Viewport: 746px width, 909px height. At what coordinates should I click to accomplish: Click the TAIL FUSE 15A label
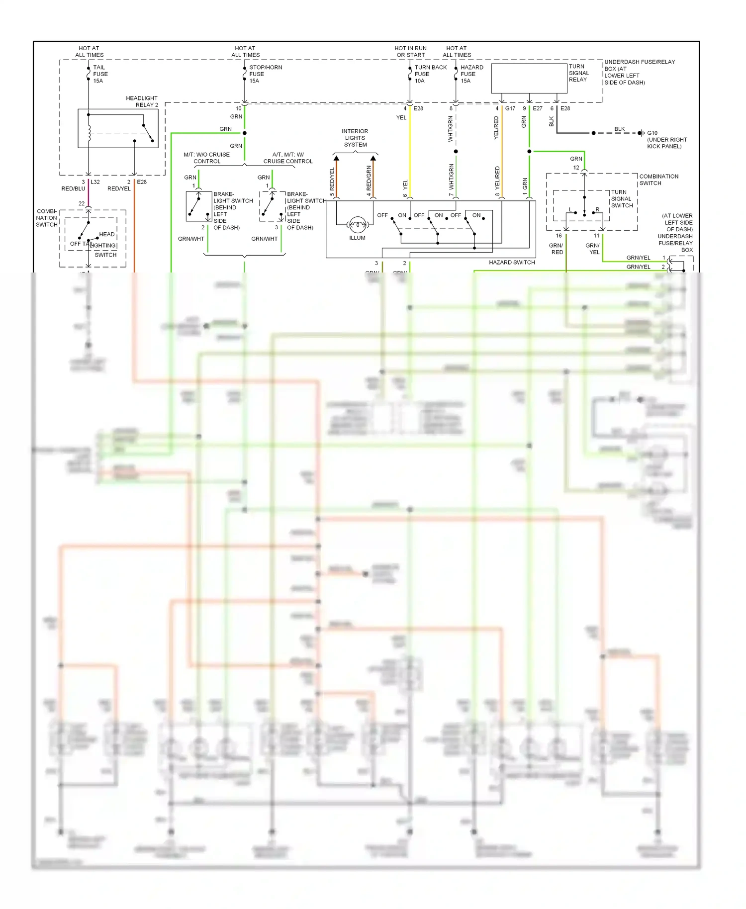click(x=100, y=74)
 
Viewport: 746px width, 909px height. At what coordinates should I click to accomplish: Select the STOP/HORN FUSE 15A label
click(x=265, y=74)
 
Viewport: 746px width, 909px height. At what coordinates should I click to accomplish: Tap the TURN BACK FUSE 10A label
click(x=430, y=74)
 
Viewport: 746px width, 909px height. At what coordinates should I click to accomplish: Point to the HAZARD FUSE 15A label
click(x=471, y=74)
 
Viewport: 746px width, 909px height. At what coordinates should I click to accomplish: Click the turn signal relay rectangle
click(x=529, y=78)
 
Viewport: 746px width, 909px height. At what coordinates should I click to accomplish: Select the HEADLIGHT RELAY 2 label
click(x=142, y=101)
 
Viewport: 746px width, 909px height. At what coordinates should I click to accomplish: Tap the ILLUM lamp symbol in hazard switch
click(x=357, y=225)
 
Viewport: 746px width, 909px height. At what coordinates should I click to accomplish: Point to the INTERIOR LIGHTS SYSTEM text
click(x=355, y=138)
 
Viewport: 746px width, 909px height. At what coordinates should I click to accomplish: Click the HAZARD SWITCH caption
click(x=512, y=262)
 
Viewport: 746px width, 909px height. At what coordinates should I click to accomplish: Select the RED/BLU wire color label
click(x=73, y=188)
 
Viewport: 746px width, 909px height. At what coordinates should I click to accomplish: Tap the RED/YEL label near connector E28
click(x=119, y=188)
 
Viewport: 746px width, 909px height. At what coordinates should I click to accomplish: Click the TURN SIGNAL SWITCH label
click(x=622, y=199)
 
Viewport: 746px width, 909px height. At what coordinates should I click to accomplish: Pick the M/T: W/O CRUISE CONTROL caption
click(x=207, y=158)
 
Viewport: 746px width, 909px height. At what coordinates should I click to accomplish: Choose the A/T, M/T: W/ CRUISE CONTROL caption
click(x=288, y=158)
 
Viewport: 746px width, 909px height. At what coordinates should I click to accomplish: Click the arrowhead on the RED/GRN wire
click(x=373, y=159)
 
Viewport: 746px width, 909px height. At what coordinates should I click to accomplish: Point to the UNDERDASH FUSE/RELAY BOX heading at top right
click(x=639, y=72)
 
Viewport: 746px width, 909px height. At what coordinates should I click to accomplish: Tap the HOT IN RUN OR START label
click(x=410, y=52)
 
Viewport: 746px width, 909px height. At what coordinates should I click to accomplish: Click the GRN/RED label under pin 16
click(x=556, y=249)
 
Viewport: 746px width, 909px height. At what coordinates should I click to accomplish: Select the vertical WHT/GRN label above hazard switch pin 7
click(x=452, y=177)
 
